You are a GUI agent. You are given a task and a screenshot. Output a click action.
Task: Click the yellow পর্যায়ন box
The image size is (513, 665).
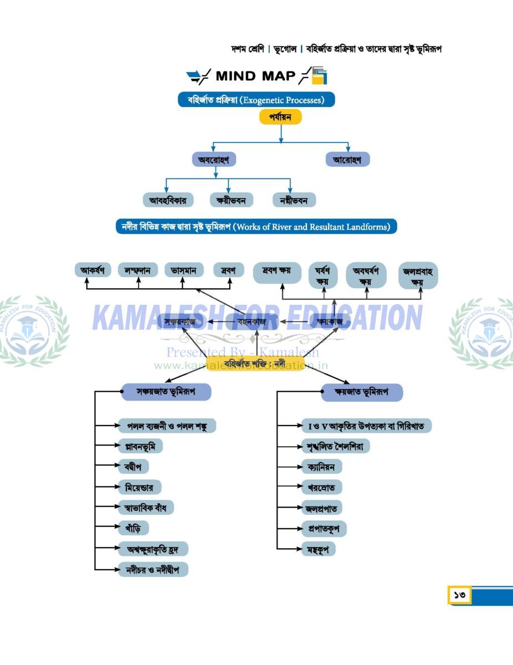click(280, 117)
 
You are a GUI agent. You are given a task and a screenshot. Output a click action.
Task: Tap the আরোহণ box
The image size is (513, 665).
click(347, 160)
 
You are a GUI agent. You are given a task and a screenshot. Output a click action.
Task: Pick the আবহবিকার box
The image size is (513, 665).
click(167, 200)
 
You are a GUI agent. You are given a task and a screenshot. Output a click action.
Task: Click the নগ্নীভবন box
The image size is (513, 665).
click(294, 200)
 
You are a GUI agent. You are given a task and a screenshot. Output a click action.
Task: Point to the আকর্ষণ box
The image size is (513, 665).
click(93, 270)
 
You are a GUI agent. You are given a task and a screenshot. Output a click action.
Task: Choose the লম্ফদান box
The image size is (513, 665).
click(138, 270)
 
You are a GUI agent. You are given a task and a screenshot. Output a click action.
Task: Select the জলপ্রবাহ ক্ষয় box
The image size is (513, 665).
click(418, 276)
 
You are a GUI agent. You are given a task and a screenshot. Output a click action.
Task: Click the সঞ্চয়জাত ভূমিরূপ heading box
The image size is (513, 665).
click(166, 392)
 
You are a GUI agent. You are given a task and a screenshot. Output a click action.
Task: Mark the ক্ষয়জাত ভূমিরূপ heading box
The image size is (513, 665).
click(362, 392)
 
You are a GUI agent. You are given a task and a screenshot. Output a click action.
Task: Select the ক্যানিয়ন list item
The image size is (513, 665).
click(321, 467)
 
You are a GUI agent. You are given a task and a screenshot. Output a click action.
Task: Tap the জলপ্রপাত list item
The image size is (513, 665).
click(321, 508)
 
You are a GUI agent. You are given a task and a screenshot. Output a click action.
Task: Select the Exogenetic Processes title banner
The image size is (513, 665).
click(256, 100)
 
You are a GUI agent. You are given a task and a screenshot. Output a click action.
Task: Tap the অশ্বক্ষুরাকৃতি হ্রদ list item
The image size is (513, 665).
click(153, 549)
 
